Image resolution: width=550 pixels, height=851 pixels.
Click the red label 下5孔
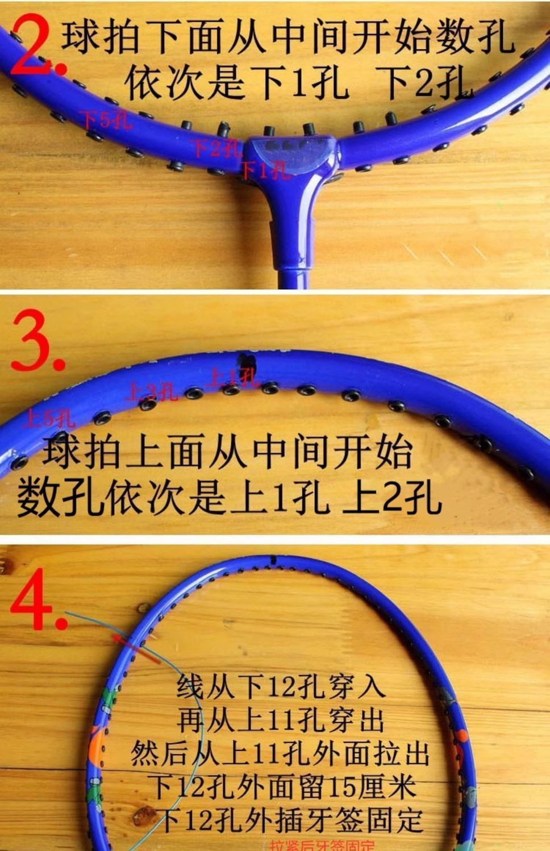[x=106, y=120]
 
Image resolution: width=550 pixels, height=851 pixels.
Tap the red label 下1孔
[x=264, y=169]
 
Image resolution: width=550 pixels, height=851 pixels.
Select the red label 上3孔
[x=151, y=392]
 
